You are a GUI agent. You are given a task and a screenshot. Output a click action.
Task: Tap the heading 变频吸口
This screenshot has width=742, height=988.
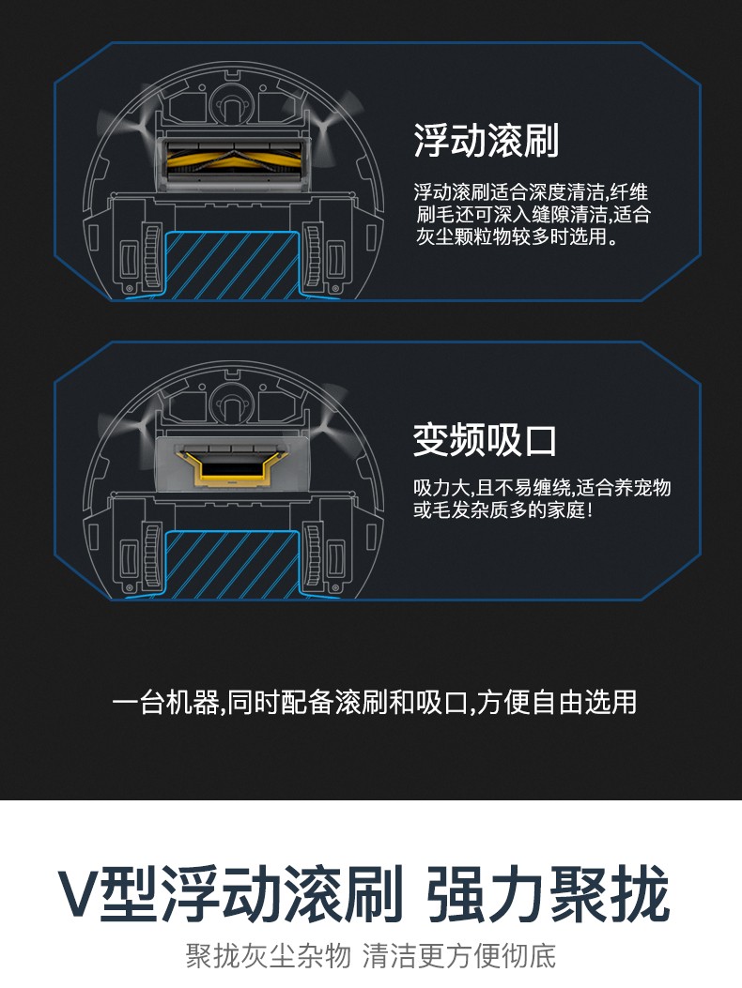click(x=485, y=440)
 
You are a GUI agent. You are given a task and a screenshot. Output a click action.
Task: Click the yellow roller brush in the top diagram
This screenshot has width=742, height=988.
click(x=233, y=162)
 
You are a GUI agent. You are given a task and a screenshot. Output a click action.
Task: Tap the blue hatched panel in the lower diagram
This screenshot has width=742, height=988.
click(x=232, y=564)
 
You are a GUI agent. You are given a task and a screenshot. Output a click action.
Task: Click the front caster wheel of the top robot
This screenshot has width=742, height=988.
click(x=232, y=103)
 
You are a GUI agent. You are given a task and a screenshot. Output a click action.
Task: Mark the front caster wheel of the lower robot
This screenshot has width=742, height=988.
click(x=232, y=403)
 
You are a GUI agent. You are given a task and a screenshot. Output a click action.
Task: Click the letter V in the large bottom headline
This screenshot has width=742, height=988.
click(x=80, y=893)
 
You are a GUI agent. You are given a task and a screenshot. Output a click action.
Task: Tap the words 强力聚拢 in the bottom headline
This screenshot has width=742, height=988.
click(x=548, y=893)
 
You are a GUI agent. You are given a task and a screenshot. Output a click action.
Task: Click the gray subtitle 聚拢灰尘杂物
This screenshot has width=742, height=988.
click(x=269, y=956)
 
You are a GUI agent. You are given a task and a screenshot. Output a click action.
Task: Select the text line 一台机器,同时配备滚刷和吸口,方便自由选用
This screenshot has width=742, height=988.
click(x=374, y=702)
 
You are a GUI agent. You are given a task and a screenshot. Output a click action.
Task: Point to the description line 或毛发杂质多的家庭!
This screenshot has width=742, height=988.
click(x=502, y=509)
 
